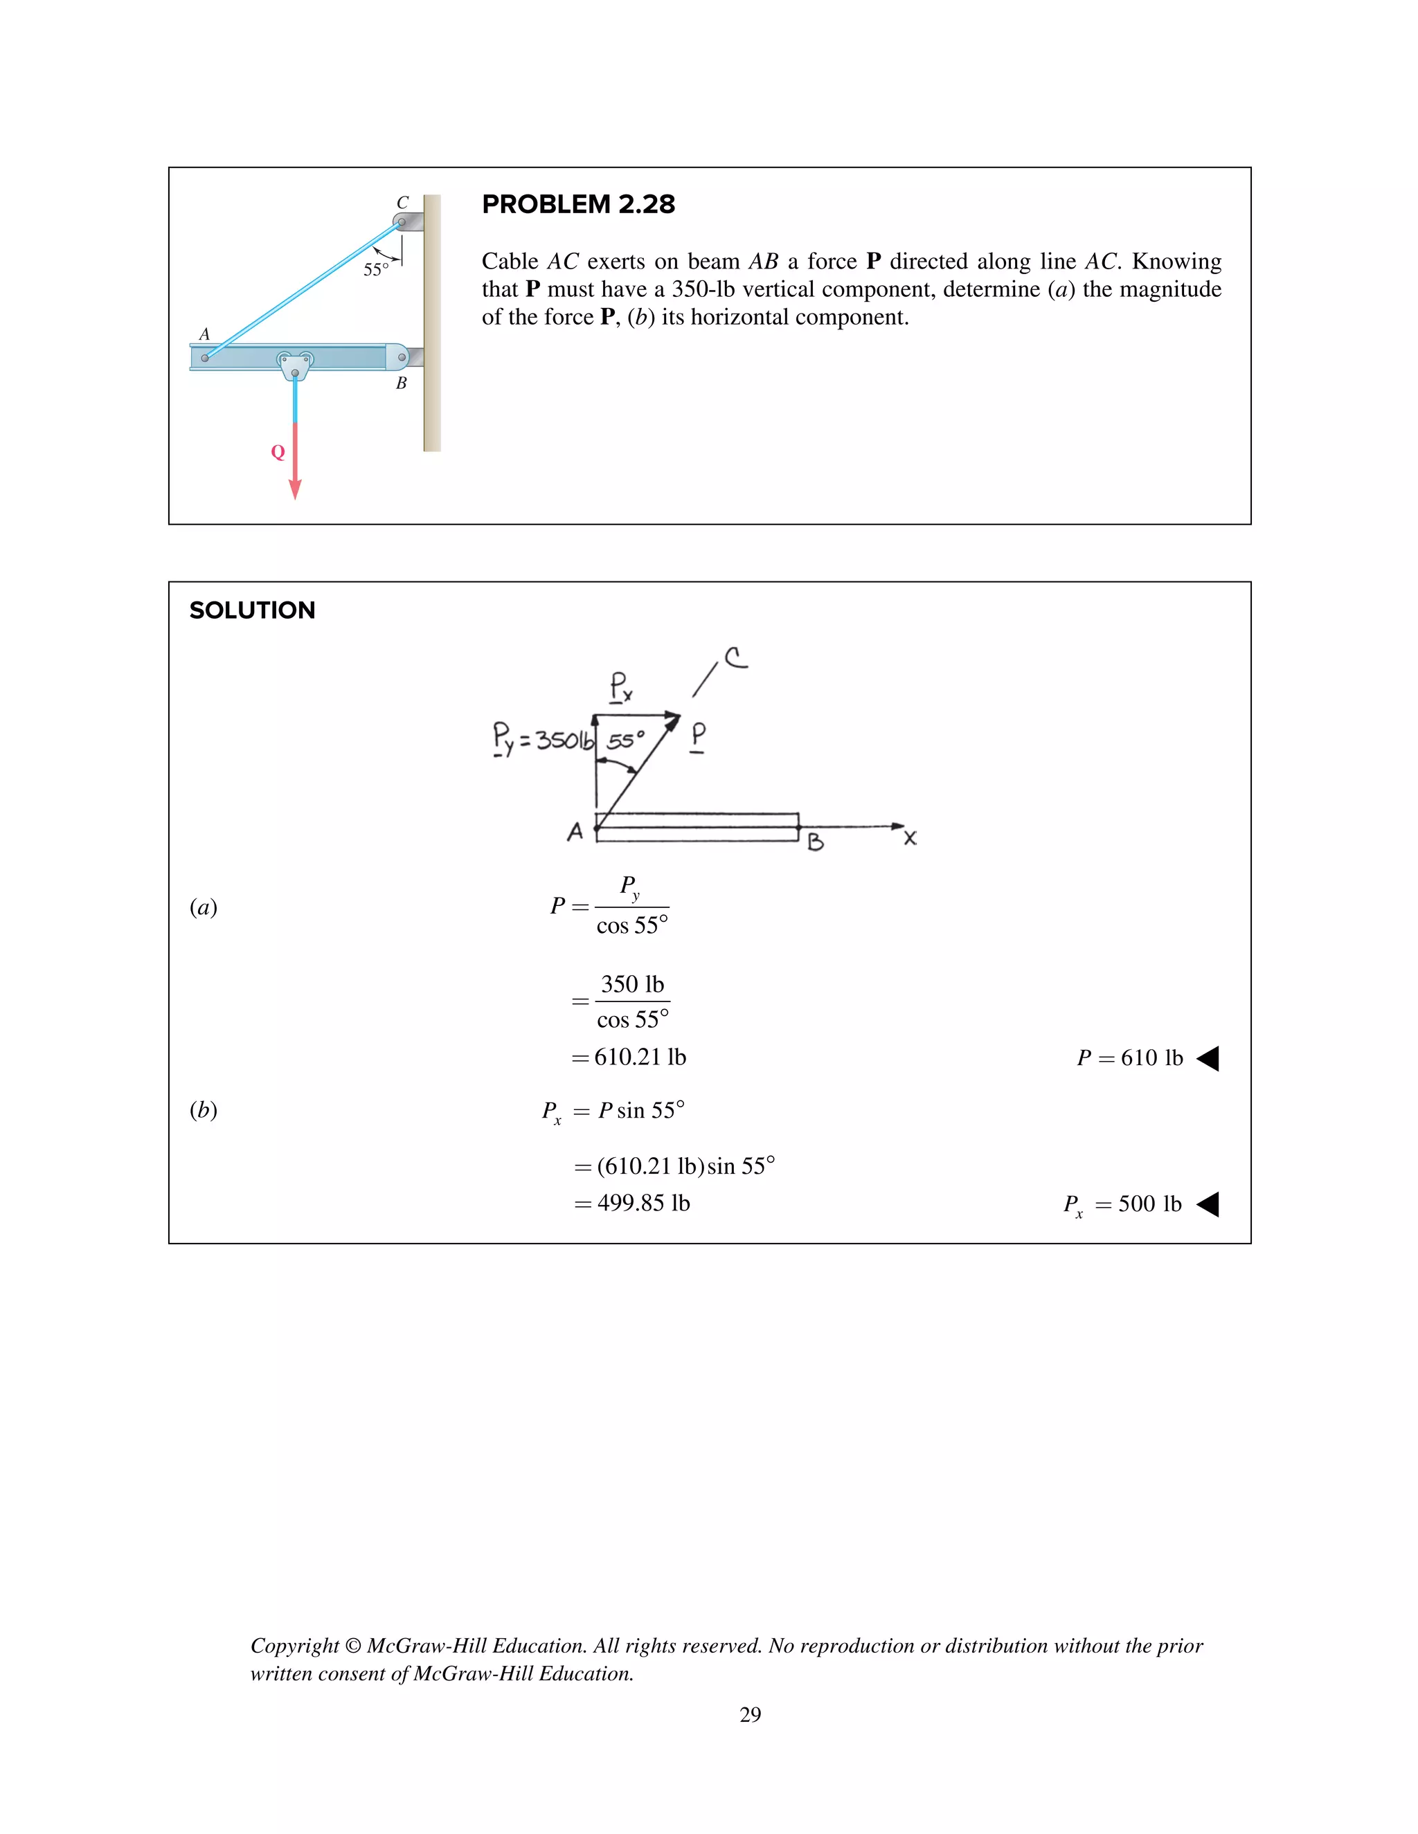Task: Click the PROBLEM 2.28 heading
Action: click(578, 204)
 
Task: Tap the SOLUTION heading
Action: click(252, 610)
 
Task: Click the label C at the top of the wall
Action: click(402, 202)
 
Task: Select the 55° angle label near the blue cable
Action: click(375, 269)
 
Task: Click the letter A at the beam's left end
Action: click(204, 334)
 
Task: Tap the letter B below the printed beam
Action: click(402, 383)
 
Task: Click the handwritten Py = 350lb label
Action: click(543, 739)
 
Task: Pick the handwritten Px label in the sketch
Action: click(620, 687)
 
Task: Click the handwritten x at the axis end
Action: click(910, 838)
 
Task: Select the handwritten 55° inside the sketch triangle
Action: click(625, 741)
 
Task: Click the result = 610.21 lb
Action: click(630, 1057)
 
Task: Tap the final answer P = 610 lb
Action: click(1130, 1058)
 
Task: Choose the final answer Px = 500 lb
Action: click(1122, 1205)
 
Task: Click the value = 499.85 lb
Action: click(633, 1204)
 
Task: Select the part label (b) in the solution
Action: click(204, 1110)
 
